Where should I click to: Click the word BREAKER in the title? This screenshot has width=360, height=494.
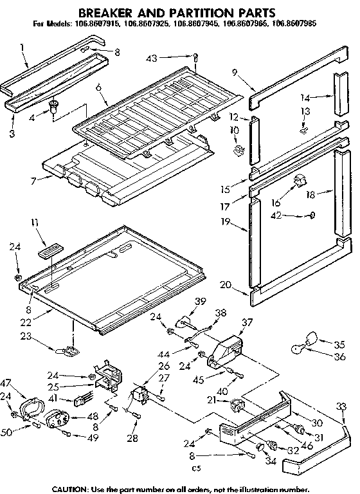point(111,12)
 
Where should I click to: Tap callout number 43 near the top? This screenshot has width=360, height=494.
point(151,59)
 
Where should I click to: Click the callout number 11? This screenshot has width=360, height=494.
point(34,223)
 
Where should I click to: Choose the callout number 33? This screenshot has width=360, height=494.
point(340,406)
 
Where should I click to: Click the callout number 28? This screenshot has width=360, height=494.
point(133,439)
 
